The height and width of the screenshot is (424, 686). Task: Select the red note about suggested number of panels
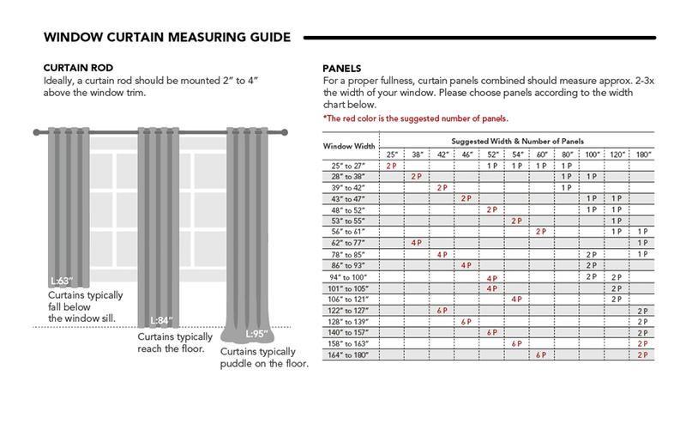416,118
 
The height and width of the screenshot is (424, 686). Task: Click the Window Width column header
352,146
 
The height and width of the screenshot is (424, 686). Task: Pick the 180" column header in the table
643,154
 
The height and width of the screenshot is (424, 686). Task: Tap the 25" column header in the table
392,154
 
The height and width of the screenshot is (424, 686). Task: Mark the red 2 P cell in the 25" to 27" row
392,165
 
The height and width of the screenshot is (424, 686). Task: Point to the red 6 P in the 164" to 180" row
540,354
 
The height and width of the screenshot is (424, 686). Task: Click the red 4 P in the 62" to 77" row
417,243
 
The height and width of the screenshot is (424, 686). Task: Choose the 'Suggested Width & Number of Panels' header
517,139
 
